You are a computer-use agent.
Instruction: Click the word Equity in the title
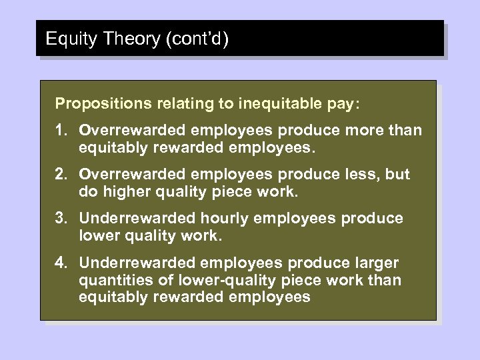[x=66, y=39]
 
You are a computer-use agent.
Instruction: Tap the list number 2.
[x=61, y=174]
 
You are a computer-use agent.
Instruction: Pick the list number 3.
[x=61, y=218]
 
